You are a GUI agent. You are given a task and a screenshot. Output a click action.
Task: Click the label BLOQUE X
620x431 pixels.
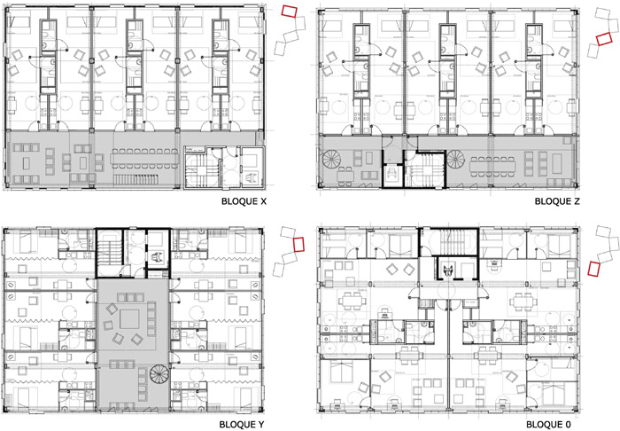244,201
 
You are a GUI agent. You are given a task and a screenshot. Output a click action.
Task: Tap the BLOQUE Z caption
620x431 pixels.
557,201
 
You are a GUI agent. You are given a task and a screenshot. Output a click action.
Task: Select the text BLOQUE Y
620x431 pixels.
241,425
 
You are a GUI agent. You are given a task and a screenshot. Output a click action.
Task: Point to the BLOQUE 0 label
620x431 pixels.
549,425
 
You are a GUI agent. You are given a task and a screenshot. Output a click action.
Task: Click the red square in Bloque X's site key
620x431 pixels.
289,11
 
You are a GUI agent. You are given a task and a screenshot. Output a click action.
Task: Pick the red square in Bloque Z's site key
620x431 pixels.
604,39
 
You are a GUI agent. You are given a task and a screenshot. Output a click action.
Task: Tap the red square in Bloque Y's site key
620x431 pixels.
299,244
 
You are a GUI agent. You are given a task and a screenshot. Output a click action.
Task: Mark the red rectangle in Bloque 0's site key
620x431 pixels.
594,268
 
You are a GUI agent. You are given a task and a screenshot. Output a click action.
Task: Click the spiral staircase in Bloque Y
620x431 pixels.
159,373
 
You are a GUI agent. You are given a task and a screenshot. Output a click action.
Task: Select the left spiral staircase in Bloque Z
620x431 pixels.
331,159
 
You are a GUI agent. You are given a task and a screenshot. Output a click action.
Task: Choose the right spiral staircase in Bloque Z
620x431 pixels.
456,159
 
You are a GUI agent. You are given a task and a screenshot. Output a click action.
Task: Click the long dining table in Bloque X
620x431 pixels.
144,159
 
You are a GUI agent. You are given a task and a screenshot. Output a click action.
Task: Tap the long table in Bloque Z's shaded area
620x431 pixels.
492,165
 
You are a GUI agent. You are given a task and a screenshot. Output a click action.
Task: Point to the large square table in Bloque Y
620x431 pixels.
129,319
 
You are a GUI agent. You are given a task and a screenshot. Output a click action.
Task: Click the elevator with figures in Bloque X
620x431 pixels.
252,178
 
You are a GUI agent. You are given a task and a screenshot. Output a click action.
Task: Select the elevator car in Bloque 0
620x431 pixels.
448,270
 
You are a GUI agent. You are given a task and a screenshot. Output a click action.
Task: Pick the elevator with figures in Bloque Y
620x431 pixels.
158,258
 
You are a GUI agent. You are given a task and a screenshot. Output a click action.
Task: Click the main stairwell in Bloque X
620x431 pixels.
202,170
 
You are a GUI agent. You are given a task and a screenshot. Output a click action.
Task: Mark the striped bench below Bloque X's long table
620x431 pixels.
136,180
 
